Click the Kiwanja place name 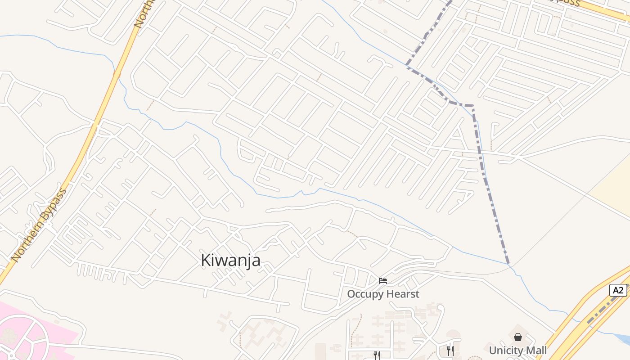[x=230, y=260]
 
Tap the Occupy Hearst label [x=383, y=294]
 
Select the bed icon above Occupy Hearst [x=383, y=281]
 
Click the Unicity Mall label [x=518, y=350]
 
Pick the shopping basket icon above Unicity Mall [x=518, y=337]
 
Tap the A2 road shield [x=618, y=290]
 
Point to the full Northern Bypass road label [x=40, y=225]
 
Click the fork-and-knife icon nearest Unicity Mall [x=450, y=351]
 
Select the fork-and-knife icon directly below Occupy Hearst [x=377, y=355]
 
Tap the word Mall [x=536, y=350]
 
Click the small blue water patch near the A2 [x=624, y=337]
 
